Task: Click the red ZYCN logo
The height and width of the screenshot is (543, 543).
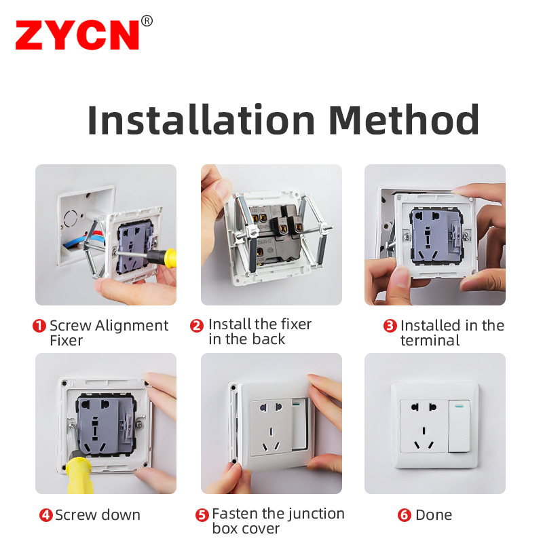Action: (77, 35)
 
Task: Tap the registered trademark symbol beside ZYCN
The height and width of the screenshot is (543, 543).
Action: (147, 21)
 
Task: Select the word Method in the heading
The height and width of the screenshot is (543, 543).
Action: (404, 119)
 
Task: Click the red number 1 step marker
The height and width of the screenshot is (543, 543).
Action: (39, 326)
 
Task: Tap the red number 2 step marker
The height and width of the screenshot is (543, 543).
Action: (197, 326)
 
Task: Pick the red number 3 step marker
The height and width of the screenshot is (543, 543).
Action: (390, 326)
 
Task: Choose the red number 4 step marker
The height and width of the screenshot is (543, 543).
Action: (45, 515)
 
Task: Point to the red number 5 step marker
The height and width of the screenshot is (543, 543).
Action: (202, 515)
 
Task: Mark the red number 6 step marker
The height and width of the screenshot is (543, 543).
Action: (404, 515)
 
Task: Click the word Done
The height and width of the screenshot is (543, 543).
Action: (434, 515)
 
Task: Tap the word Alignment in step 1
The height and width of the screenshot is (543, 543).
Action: (132, 326)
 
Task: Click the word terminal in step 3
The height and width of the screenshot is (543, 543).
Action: (430, 341)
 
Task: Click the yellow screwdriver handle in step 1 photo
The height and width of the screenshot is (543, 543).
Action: (170, 258)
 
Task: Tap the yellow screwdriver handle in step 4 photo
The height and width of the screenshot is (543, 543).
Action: (80, 475)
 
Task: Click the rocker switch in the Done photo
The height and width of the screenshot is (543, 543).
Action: (460, 426)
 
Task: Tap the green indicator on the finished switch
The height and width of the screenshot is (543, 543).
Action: (460, 405)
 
